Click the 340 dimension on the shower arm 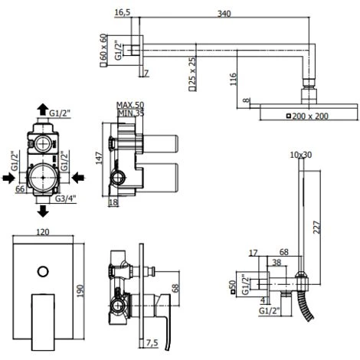(x=224, y=14)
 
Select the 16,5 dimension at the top (x=123, y=12)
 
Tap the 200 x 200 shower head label (x=310, y=116)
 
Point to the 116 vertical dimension (x=234, y=79)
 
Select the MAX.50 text (x=130, y=105)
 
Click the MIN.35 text (x=131, y=113)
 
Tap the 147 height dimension (x=99, y=158)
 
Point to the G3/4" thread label (x=66, y=198)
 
